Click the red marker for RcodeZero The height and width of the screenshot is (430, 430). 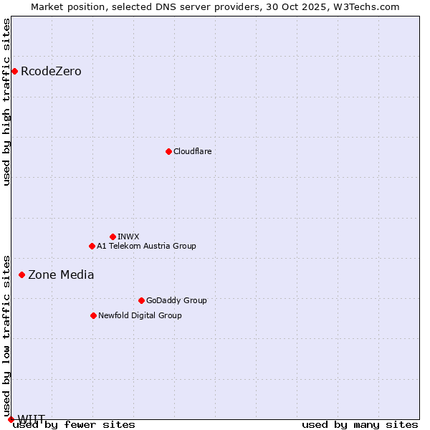(x=14, y=71)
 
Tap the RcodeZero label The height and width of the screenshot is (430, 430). (x=51, y=71)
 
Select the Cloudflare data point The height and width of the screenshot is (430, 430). (x=168, y=151)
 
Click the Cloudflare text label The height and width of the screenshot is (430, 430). (x=192, y=151)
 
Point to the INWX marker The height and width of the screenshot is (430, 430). (x=113, y=236)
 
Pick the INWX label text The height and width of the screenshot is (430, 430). (x=128, y=236)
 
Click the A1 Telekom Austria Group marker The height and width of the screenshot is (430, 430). (x=92, y=246)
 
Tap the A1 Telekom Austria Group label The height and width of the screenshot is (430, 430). (x=146, y=246)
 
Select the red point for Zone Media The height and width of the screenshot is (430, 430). (x=21, y=274)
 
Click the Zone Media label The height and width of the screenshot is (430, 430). (x=61, y=274)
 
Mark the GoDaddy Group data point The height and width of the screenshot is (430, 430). (x=141, y=300)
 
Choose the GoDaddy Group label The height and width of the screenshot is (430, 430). (x=176, y=300)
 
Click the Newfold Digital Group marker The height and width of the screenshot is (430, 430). (x=93, y=315)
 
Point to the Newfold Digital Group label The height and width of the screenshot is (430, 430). (x=140, y=315)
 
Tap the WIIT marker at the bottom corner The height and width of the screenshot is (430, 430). (x=11, y=419)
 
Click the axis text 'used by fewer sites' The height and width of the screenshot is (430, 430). (x=74, y=424)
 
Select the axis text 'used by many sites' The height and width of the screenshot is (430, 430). (x=360, y=424)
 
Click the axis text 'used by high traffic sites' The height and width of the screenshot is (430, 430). (x=6, y=102)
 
